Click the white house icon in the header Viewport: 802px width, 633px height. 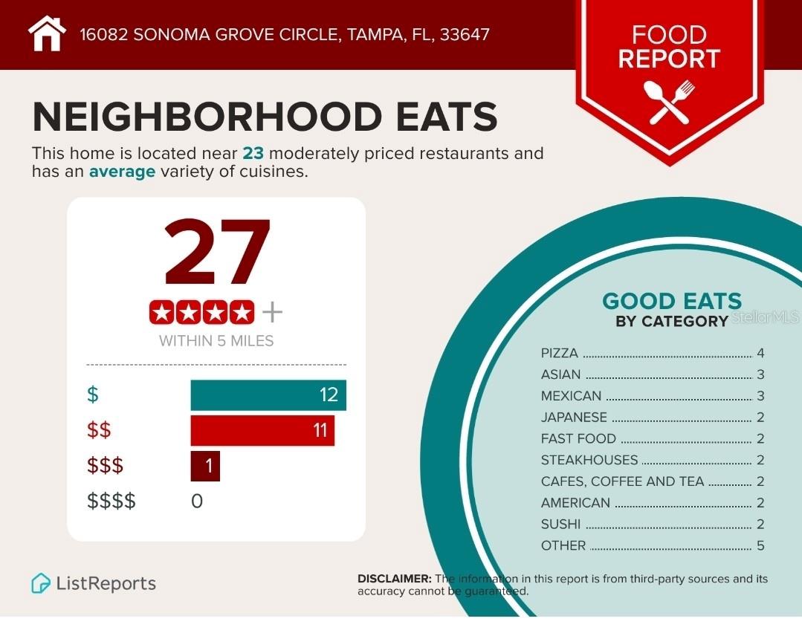point(46,33)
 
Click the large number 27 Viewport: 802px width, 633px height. point(216,253)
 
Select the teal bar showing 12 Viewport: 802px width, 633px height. point(268,395)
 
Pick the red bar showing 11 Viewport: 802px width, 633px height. point(262,430)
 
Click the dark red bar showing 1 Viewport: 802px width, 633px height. point(205,466)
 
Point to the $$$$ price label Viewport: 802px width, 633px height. point(111,501)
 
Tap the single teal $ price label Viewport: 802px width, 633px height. point(92,395)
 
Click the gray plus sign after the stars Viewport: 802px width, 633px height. point(272,313)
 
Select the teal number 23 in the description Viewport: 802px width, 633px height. point(253,154)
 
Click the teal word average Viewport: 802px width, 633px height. point(122,172)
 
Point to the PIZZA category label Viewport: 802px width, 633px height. point(559,354)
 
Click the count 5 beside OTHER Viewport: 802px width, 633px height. point(760,545)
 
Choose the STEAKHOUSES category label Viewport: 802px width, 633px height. point(589,460)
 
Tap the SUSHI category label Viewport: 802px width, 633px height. point(560,524)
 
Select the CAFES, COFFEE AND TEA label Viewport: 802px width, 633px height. point(622,481)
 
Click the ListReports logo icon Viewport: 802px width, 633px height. point(40,583)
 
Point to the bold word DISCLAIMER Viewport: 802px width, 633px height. point(394,579)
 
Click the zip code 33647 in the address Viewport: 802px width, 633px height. point(465,34)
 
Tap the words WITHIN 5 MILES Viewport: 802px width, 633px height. point(216,341)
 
